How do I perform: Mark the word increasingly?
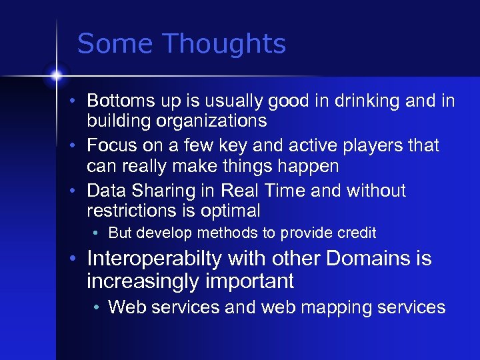(141, 281)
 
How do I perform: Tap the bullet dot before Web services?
(97, 308)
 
